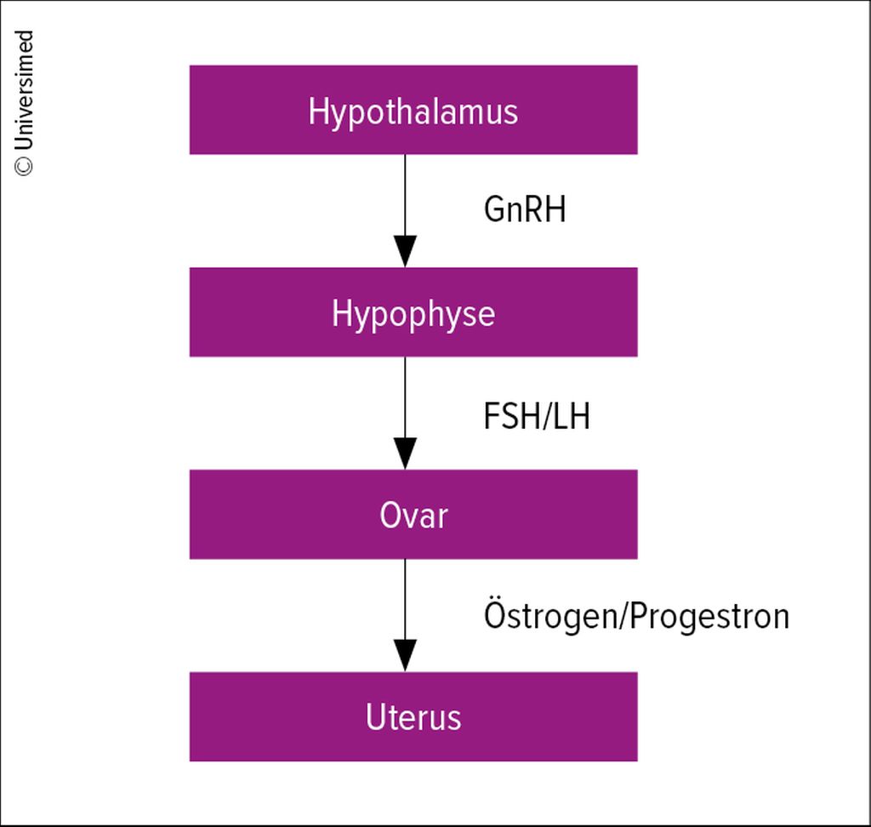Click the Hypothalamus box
click(413, 110)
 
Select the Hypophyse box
click(413, 311)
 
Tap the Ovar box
click(413, 514)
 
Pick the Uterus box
click(413, 716)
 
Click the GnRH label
click(525, 209)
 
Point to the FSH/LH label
click(537, 416)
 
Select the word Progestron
click(710, 617)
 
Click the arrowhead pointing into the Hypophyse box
click(405, 251)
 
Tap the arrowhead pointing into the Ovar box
click(405, 453)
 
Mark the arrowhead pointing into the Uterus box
click(405, 656)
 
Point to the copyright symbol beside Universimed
click(24, 167)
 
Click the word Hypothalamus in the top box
click(413, 112)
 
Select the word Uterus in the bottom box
click(413, 717)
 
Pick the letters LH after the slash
click(572, 416)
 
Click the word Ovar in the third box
click(414, 516)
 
